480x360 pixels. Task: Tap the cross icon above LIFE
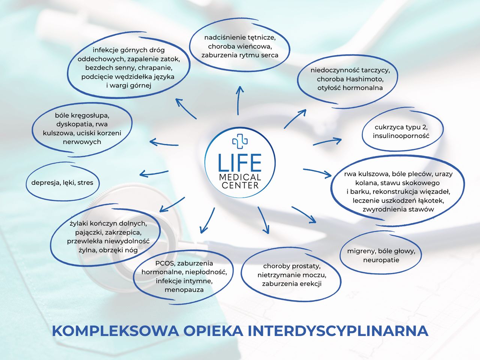click(240, 141)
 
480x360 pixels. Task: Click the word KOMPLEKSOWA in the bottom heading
click(115, 331)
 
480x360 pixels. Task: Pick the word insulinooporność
click(401, 136)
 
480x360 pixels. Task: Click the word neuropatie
click(381, 260)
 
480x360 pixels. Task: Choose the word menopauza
click(184, 290)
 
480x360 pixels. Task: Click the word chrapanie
click(155, 68)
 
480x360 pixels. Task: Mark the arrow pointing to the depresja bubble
click(154, 174)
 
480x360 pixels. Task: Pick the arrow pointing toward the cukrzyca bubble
click(327, 141)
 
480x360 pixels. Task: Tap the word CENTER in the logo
click(240, 186)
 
